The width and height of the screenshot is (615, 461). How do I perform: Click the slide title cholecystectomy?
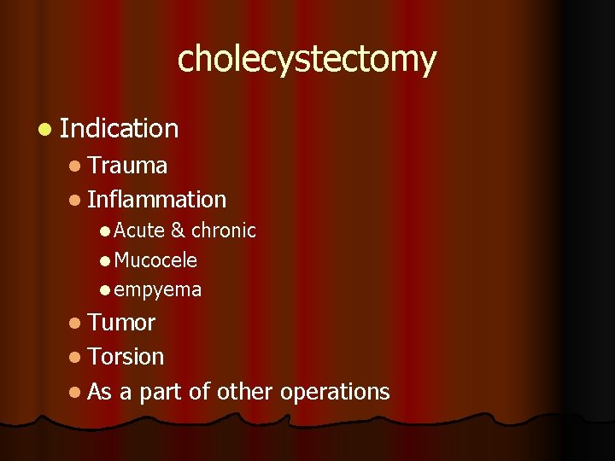click(307, 60)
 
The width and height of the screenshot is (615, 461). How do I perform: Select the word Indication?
click(120, 129)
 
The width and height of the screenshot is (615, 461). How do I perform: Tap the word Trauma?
click(127, 165)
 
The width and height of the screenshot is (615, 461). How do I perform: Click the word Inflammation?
click(156, 200)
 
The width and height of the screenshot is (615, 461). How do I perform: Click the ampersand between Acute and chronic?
click(178, 230)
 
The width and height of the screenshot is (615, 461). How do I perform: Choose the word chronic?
click(223, 230)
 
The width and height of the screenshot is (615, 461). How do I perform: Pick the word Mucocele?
click(155, 260)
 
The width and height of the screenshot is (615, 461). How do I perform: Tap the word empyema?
click(157, 290)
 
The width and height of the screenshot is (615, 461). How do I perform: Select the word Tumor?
click(121, 323)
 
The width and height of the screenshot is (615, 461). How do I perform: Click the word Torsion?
click(126, 357)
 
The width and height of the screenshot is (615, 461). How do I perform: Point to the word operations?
click(335, 392)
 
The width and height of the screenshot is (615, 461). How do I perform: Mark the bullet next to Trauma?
click(76, 166)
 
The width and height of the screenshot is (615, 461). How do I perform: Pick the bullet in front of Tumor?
click(76, 324)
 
